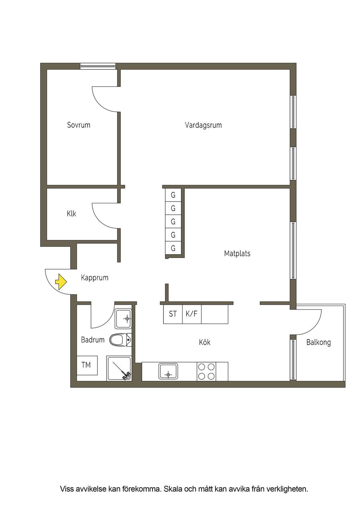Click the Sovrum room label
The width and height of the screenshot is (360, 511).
[79, 125]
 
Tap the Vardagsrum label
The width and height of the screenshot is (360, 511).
[203, 125]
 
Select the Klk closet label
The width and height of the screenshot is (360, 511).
[71, 214]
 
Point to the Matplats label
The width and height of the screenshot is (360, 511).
[237, 254]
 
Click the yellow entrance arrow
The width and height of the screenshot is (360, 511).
[61, 282]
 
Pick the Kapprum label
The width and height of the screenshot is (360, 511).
[95, 278]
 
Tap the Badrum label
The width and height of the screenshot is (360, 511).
[93, 340]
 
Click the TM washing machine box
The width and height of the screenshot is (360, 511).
[87, 365]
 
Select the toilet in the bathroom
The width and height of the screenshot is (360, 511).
[121, 340]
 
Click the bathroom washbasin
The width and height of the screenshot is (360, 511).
[123, 319]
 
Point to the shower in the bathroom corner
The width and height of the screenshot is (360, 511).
[119, 369]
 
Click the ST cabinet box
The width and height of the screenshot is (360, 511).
[173, 314]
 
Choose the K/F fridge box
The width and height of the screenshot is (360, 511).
[192, 314]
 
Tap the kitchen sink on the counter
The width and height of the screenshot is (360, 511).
[168, 371]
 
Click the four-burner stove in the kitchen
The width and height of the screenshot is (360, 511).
[206, 371]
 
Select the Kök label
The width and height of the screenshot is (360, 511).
[205, 342]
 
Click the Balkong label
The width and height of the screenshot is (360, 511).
[319, 342]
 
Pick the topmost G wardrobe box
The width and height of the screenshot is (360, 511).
[173, 195]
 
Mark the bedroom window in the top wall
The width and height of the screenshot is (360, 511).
[98, 66]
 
